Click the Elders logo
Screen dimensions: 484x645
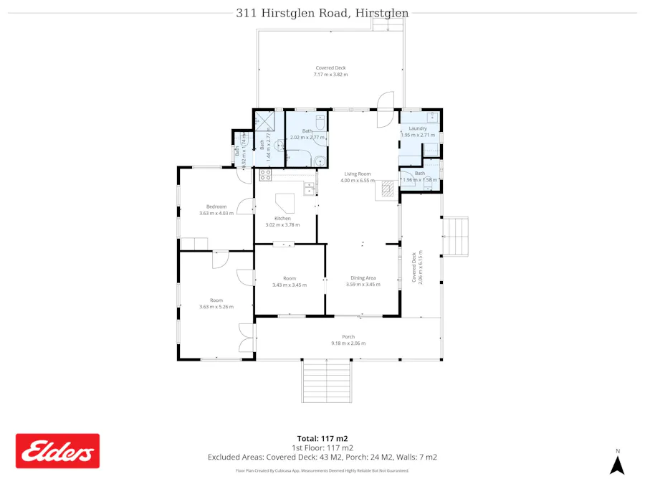[58, 451]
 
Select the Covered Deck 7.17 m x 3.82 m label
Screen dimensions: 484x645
[330, 71]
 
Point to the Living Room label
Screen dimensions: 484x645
[358, 177]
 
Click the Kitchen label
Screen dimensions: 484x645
[282, 221]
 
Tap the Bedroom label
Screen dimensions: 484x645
[216, 209]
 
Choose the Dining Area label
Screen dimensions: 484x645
[363, 281]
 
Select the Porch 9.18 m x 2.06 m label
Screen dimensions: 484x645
[348, 340]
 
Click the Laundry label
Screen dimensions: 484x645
[417, 131]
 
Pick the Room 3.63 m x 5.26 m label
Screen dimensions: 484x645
[216, 303]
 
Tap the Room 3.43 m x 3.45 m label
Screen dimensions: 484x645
[290, 281]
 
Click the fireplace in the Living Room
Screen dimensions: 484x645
[387, 188]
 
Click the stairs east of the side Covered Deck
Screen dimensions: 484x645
[456, 237]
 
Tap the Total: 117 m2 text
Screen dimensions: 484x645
[322, 438]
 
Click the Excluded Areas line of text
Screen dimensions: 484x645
[322, 457]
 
